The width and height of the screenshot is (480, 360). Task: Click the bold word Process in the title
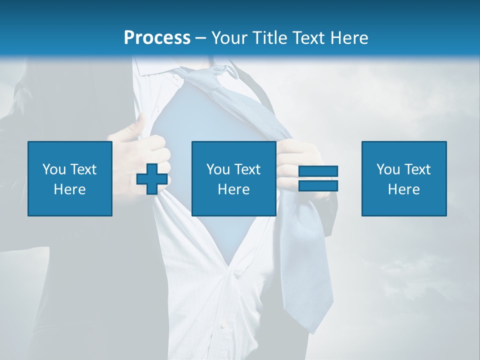(x=157, y=37)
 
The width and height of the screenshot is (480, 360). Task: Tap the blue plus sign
(x=152, y=179)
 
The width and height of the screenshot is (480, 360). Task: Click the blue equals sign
(x=318, y=178)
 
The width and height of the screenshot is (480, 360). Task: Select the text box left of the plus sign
(x=69, y=178)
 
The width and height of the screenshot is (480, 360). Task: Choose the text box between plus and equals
(x=233, y=178)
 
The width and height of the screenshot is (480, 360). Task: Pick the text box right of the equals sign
(x=403, y=178)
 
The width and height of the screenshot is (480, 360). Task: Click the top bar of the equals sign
(x=318, y=171)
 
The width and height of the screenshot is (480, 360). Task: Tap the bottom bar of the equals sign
(x=318, y=186)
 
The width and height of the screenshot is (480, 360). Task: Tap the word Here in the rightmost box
(x=403, y=189)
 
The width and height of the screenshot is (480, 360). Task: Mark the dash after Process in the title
(x=201, y=38)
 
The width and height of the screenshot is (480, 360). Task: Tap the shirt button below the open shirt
(x=223, y=325)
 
